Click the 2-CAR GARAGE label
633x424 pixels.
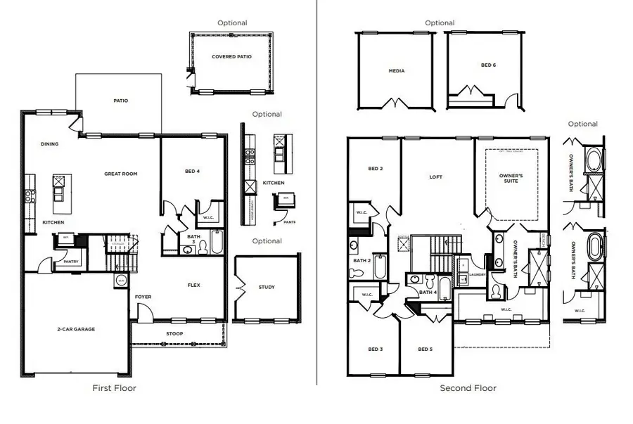click(76, 329)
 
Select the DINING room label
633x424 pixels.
click(49, 144)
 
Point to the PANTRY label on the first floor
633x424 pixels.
click(71, 262)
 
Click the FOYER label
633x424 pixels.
click(143, 297)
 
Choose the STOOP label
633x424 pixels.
click(175, 333)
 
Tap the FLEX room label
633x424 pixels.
click(194, 285)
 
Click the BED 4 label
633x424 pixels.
click(191, 171)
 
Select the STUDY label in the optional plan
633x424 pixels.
click(267, 287)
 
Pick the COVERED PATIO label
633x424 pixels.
click(231, 57)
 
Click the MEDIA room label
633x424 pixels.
click(397, 71)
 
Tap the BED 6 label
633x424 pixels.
click(488, 65)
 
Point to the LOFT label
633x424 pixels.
click(436, 177)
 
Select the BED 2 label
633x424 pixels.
click(375, 169)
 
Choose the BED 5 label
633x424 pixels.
click(425, 349)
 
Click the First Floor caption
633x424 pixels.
click(115, 387)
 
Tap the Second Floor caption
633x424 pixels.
click(468, 388)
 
